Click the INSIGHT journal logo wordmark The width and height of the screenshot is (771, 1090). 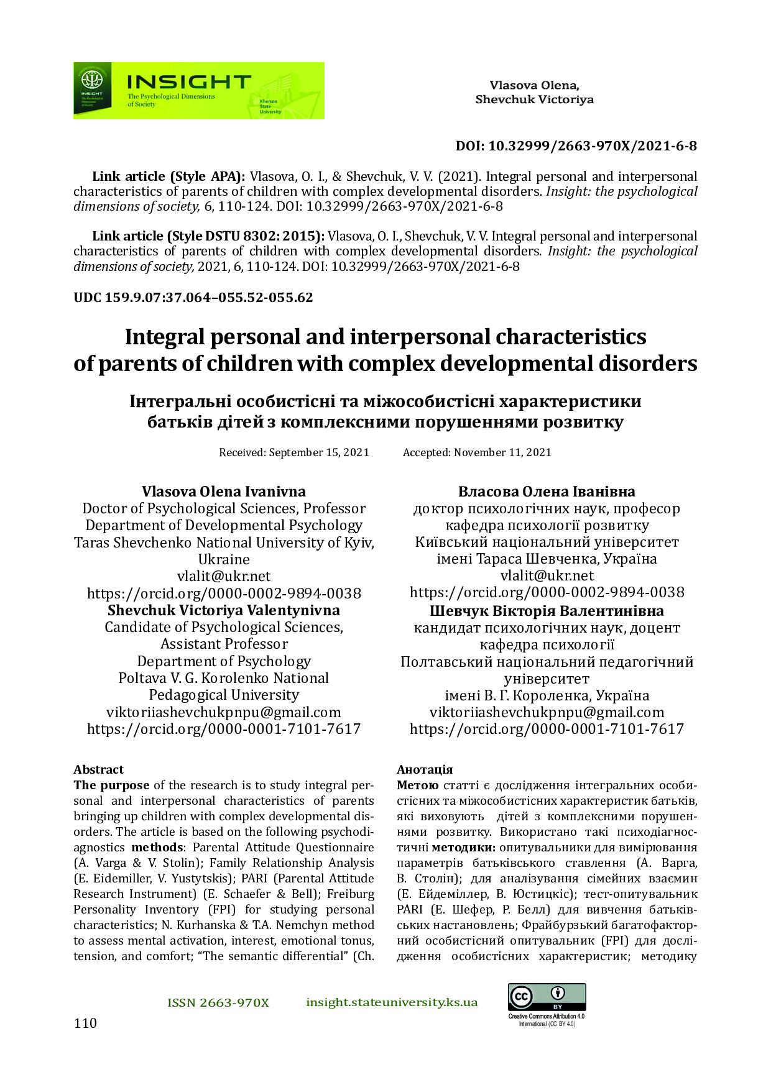(188, 83)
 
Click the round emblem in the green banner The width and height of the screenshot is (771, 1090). (92, 79)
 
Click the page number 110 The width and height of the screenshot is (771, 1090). (85, 1023)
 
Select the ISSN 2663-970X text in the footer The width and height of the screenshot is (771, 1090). (218, 1002)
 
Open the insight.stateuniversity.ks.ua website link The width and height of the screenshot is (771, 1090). (392, 1002)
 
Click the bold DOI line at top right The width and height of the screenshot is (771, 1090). (576, 146)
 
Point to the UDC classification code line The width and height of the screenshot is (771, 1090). (193, 297)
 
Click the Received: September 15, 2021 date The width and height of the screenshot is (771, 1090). (294, 452)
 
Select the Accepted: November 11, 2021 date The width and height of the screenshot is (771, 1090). (477, 452)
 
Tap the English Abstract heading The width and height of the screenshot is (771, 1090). (98, 769)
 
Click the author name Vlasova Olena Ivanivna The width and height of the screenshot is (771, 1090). (224, 492)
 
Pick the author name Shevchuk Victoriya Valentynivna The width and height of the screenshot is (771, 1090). (224, 610)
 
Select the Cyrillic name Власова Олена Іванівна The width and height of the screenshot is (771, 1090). (547, 492)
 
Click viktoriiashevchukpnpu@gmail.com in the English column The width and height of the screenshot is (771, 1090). (224, 712)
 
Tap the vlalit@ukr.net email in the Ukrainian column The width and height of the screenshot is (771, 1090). (547, 575)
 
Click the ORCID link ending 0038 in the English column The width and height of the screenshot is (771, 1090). (224, 593)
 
